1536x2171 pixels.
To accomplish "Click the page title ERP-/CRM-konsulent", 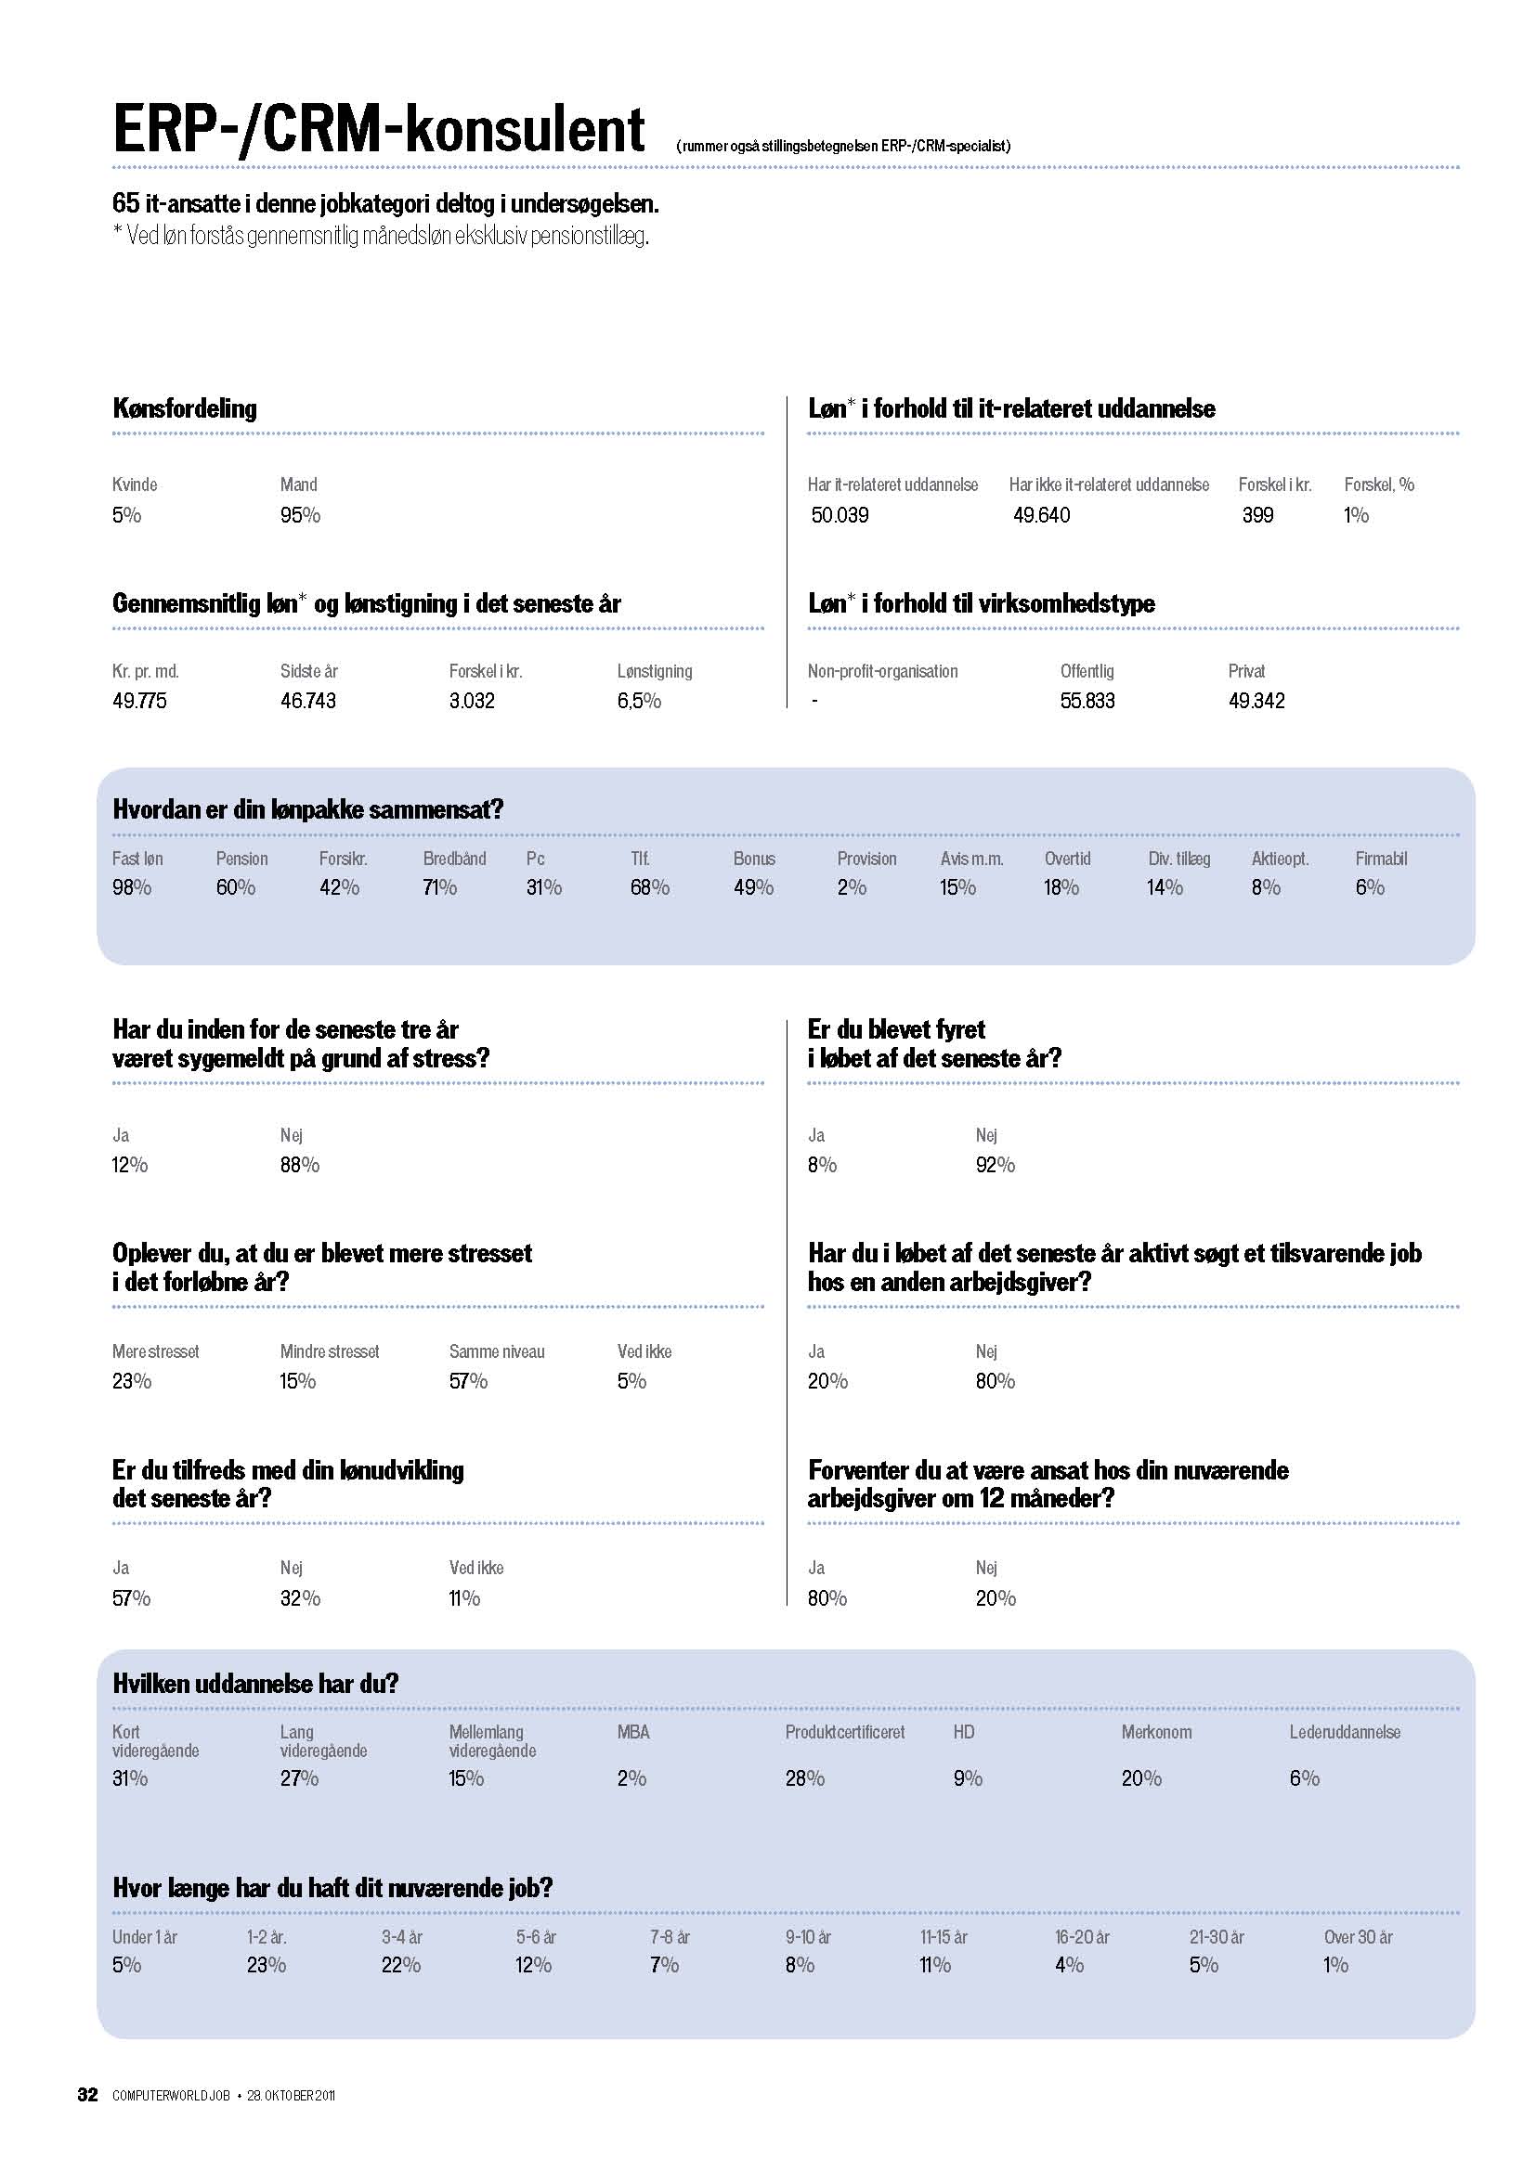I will coord(378,130).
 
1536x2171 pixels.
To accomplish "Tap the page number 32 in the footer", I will coord(87,2094).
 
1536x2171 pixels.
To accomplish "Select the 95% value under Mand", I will coord(300,515).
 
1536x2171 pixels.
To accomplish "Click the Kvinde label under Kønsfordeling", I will coord(135,485).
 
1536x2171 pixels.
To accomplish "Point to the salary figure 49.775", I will coord(139,701).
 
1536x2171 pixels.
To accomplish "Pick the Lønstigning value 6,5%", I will coord(638,701).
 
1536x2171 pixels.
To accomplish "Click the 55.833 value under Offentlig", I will coord(1087,701).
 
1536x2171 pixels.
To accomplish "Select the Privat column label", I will coord(1245,671).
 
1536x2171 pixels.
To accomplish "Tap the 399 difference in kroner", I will coord(1257,515).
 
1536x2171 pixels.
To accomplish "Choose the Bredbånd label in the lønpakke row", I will coord(454,859).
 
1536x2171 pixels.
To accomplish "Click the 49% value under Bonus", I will coord(753,888).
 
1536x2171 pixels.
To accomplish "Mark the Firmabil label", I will coord(1381,859).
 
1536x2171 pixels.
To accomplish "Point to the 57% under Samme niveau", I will coord(468,1381).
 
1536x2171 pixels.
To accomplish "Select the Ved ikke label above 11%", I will coord(475,1568).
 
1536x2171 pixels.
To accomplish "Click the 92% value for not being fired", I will coord(995,1165).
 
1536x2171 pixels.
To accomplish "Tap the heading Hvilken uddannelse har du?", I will coord(255,1683).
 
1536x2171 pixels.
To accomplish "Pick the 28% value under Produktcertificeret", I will coord(804,1778).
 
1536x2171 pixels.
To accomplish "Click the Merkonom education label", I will coord(1156,1732).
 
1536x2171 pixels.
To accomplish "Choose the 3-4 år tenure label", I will coord(402,1937).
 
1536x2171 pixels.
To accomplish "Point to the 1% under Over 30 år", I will coord(1335,1965).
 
